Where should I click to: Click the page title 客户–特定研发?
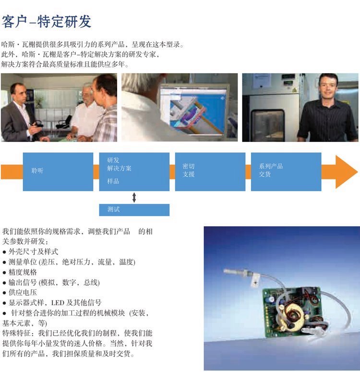[46, 21]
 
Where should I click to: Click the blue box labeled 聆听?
[58, 172]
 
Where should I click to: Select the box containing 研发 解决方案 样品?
[134, 172]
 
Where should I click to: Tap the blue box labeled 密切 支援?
[210, 172]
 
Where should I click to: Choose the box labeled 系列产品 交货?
[286, 172]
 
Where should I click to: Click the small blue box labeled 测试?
[134, 210]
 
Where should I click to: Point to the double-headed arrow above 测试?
[134, 198]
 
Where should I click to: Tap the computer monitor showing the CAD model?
[193, 111]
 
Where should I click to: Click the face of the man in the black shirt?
[328, 86]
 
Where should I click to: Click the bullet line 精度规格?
[20, 272]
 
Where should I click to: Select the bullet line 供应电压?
[20, 293]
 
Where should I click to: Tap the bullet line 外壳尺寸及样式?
[30, 252]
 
